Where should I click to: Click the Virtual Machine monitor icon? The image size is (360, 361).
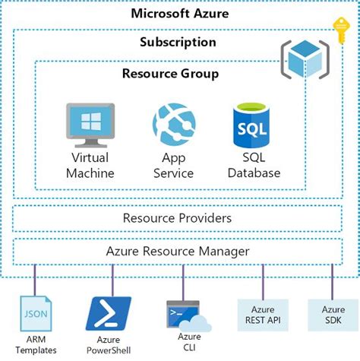[90, 124]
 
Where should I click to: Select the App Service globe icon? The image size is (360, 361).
[174, 124]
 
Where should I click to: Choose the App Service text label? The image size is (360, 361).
[174, 165]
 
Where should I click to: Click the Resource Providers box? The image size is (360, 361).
[177, 218]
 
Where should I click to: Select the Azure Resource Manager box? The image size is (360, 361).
[177, 250]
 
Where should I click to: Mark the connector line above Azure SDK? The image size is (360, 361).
[332, 280]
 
